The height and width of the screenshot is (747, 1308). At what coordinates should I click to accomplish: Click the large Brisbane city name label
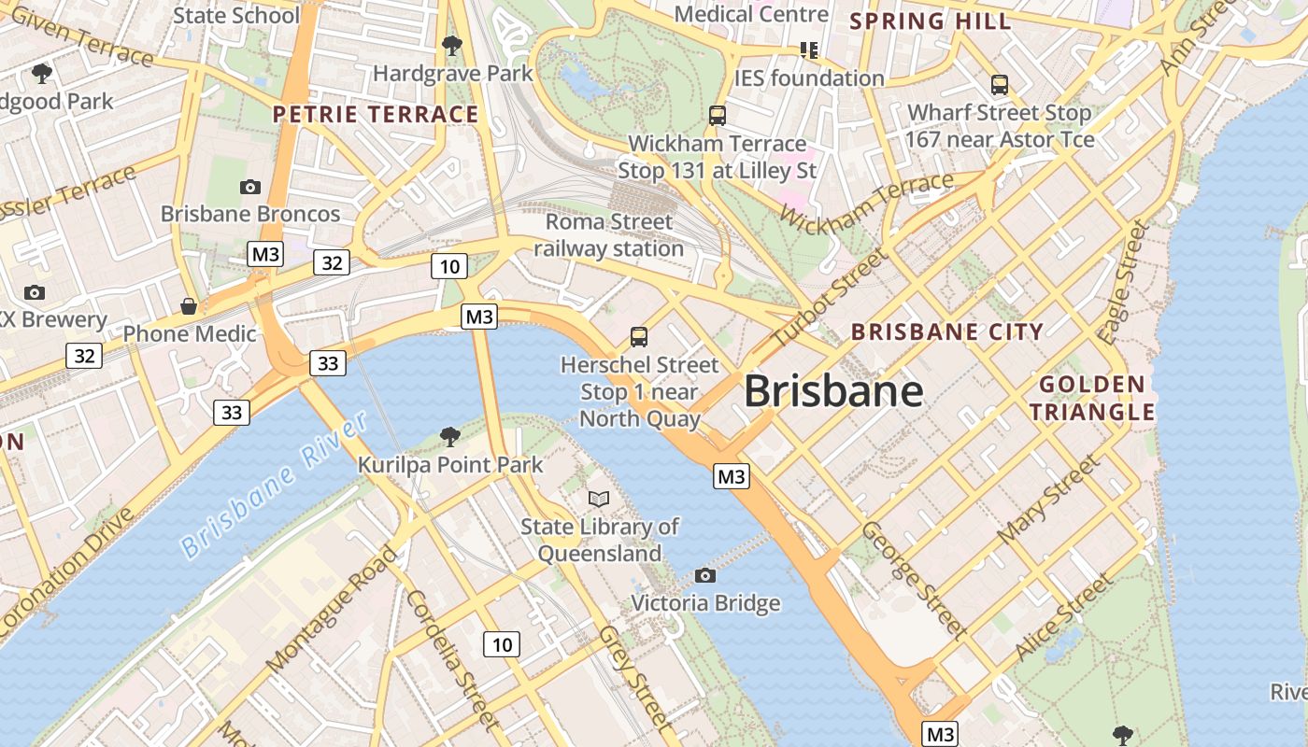point(833,390)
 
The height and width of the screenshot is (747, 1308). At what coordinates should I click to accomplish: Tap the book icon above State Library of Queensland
point(599,499)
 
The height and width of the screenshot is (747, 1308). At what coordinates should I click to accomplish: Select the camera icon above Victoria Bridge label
point(705,575)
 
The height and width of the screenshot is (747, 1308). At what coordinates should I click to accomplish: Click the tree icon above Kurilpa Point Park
point(449,436)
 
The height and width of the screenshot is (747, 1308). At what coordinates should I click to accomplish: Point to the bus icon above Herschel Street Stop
point(639,337)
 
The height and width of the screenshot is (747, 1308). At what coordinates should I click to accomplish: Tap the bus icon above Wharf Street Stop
point(1000,85)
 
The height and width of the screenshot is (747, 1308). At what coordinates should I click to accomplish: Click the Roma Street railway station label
point(609,235)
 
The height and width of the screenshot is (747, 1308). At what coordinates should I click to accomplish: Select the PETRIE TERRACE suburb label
point(376,115)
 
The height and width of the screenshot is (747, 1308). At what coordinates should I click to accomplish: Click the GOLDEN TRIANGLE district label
point(1092,398)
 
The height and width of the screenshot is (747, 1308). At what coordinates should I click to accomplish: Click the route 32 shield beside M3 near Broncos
point(332,263)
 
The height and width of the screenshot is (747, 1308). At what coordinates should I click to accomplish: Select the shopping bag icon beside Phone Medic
point(189,306)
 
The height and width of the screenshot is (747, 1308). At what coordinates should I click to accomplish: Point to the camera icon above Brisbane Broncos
point(249,187)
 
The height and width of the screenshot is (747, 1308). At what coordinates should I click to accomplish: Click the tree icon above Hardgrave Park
point(452,45)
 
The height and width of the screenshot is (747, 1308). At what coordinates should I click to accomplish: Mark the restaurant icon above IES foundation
point(809,49)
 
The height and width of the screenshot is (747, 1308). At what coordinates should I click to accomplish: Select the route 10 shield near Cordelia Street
point(502,643)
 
